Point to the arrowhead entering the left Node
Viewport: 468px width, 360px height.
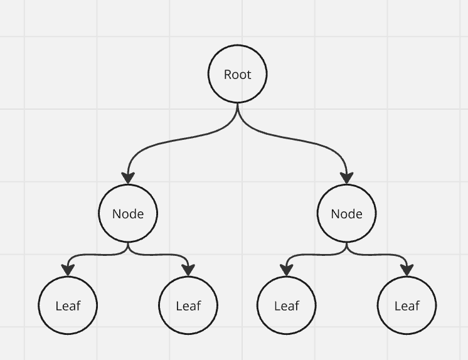pos(128,178)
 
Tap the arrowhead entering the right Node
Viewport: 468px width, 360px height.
pos(346,178)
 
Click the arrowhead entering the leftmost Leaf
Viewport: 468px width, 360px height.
pos(68,270)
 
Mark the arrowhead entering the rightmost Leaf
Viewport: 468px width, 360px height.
pos(407,270)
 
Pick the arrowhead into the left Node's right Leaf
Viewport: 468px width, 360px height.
pos(188,270)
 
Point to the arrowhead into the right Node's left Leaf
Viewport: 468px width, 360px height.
pos(287,270)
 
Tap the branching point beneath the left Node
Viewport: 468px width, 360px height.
pos(128,246)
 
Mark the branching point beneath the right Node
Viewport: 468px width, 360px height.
pos(346,246)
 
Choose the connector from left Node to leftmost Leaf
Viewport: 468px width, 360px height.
pos(95,255)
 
